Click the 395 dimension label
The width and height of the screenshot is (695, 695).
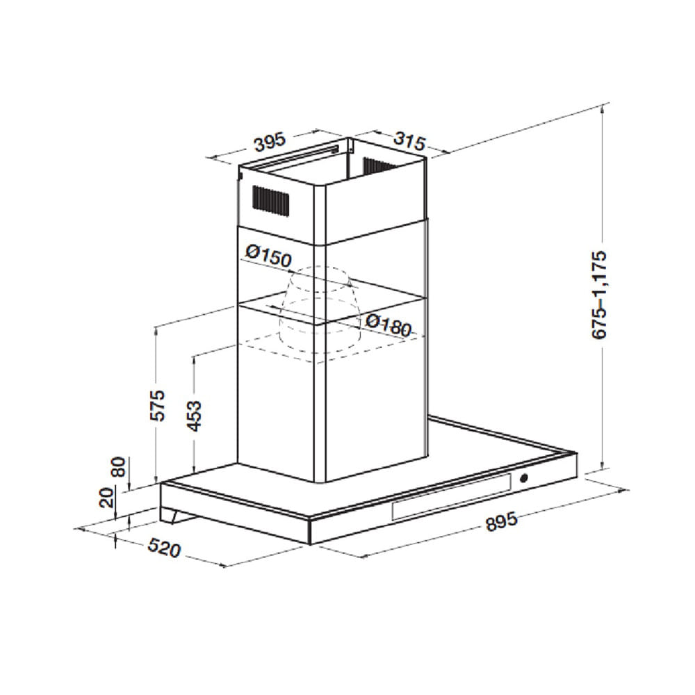(270, 142)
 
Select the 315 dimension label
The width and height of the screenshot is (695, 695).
(409, 140)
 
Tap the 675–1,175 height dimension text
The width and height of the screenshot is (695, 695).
(599, 295)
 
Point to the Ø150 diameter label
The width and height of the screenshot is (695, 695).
(268, 257)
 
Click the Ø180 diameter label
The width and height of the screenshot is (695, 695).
(389, 325)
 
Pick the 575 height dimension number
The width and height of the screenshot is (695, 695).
(158, 405)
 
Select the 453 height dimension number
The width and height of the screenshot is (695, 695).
(194, 416)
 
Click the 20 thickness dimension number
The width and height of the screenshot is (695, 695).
(107, 498)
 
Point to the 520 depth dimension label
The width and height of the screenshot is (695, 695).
(165, 548)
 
